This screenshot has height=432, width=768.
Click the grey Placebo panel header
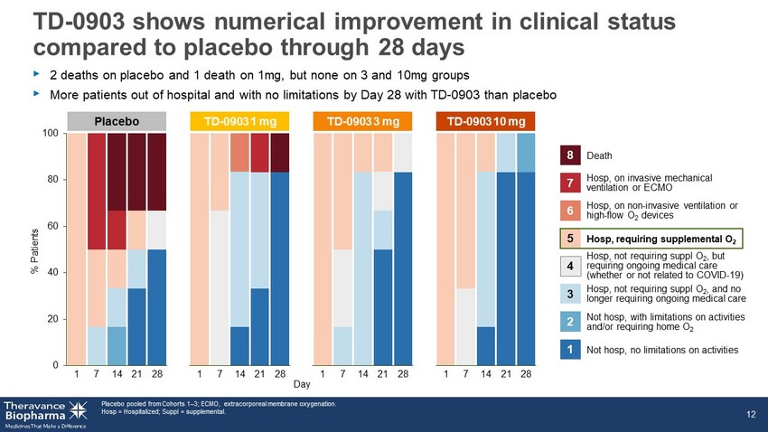[117, 121]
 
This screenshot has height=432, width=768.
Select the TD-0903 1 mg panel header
[239, 121]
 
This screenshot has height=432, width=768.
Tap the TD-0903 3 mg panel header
[362, 121]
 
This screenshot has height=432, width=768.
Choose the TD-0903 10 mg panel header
[485, 121]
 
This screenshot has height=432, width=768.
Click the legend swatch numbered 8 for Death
[570, 155]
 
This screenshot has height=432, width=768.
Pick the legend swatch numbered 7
[570, 183]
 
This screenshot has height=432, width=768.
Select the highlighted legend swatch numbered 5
[570, 239]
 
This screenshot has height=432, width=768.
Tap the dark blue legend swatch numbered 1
[570, 350]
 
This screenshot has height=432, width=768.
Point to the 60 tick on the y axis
[52, 226]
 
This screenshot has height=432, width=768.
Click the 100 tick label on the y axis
[51, 133]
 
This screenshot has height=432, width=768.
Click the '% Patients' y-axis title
[34, 250]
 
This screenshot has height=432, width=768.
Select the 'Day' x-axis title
[302, 384]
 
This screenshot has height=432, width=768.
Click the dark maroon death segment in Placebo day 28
[156, 172]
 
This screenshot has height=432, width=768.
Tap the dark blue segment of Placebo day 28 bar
[156, 307]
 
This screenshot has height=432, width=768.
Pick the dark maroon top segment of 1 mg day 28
[280, 153]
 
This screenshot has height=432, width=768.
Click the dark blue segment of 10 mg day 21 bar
[506, 268]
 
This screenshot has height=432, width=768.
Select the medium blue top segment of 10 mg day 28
[526, 153]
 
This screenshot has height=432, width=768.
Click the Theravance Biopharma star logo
[79, 411]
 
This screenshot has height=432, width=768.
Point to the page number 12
[751, 414]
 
